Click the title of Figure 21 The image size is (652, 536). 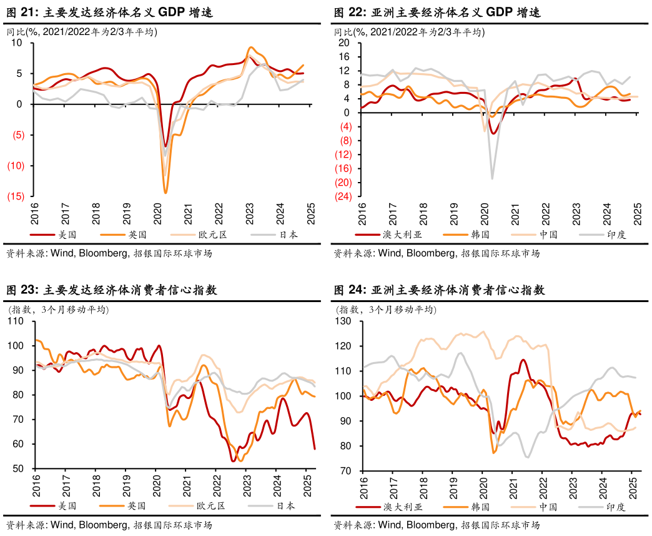click(109, 12)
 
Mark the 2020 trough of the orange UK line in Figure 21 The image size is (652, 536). click(165, 192)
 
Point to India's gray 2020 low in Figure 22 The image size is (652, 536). click(492, 179)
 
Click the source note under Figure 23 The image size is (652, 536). click(109, 525)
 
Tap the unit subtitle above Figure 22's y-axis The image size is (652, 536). click(409, 33)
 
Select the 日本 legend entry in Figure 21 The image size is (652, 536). click(288, 235)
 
